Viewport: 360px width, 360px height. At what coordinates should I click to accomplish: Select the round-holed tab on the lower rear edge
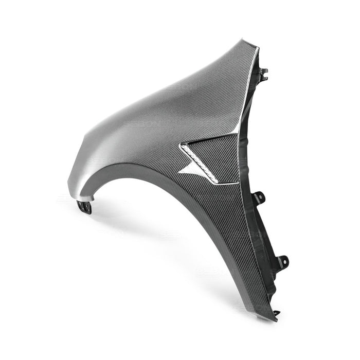[x=282, y=262]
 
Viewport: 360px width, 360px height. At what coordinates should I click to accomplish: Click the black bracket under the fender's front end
[x=84, y=207]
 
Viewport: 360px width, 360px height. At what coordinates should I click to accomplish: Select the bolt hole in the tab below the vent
[x=259, y=196]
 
